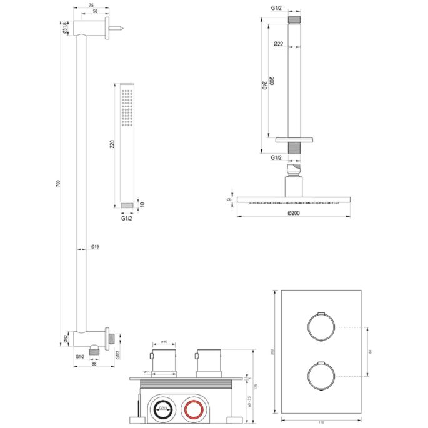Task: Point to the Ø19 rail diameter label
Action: click(x=96, y=247)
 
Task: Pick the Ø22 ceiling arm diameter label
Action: click(x=278, y=43)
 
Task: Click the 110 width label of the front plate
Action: click(x=321, y=423)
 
